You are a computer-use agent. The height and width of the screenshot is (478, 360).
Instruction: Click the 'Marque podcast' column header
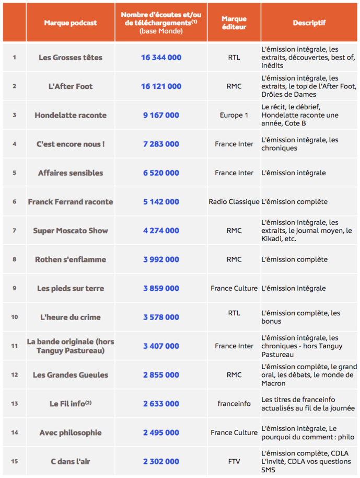click(71, 23)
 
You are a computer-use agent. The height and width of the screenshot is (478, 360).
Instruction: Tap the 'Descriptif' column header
click(309, 23)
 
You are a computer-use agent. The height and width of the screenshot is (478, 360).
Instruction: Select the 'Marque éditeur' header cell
click(234, 23)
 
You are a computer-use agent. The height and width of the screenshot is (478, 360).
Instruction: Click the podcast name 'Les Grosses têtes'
click(71, 58)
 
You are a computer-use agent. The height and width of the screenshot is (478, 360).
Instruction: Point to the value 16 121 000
click(161, 86)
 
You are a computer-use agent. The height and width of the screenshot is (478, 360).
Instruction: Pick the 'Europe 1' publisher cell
click(234, 115)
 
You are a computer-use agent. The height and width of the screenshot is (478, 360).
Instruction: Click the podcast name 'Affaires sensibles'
click(71, 173)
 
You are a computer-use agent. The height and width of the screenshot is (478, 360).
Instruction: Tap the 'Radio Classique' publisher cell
click(234, 202)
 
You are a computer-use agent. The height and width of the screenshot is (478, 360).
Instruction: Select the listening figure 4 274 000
click(161, 231)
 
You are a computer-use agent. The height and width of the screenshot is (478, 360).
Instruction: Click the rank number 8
click(14, 259)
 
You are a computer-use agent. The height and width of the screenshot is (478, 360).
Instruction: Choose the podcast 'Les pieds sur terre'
click(71, 288)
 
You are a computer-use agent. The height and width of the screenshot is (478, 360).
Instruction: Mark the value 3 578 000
click(161, 317)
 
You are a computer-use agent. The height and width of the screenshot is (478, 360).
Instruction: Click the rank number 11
click(14, 346)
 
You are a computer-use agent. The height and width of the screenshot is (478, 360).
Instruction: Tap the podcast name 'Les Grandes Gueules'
click(71, 375)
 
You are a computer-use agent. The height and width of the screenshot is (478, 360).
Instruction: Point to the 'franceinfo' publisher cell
click(234, 404)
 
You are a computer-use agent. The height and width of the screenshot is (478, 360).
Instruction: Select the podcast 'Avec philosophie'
click(71, 433)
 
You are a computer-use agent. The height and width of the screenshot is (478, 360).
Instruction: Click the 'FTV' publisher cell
click(234, 461)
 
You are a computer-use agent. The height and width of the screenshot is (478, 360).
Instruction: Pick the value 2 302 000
click(161, 461)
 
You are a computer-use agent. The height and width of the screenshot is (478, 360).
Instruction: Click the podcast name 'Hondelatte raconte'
click(71, 115)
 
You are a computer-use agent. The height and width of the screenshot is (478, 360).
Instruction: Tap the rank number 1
click(14, 58)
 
